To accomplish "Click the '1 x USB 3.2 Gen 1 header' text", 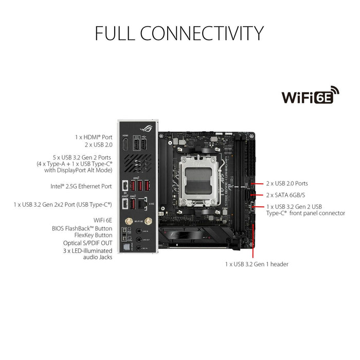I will click(256, 264).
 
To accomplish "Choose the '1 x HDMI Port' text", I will click(93, 137).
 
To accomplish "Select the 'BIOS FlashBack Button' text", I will click(82, 227).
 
